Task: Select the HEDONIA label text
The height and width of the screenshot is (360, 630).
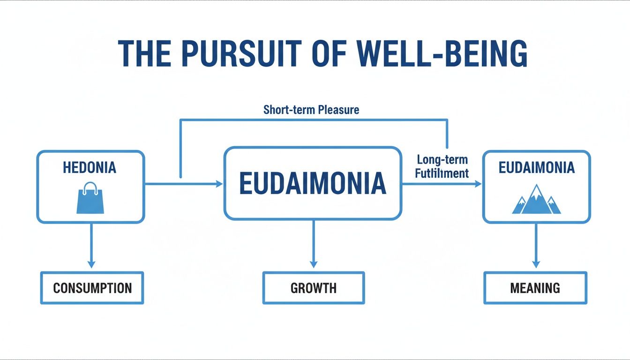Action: coord(90,168)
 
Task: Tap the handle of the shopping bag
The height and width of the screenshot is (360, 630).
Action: coord(90,188)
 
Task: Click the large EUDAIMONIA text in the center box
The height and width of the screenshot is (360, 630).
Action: coord(313,183)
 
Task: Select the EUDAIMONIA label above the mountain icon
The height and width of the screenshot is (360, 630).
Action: coord(537,168)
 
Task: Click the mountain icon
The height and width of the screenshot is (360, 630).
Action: coord(537,200)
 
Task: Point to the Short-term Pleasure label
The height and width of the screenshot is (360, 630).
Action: coord(311,110)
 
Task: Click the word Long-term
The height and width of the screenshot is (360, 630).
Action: coord(442,160)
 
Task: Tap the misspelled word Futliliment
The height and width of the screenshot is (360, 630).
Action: coord(442,173)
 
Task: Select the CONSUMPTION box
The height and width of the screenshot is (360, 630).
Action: coord(92,287)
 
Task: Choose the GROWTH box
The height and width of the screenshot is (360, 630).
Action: coord(314,287)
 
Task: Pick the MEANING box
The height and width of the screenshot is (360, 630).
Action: coord(535,287)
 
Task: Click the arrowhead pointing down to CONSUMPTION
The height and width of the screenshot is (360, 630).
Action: coord(92,264)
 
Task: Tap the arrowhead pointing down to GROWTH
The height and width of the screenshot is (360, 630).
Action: coord(314,264)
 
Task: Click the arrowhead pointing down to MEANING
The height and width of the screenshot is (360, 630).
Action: coord(536,264)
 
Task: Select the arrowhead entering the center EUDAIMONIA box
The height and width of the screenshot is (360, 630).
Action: coord(219,184)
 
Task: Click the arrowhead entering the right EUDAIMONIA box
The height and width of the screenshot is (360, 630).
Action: coord(478,184)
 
